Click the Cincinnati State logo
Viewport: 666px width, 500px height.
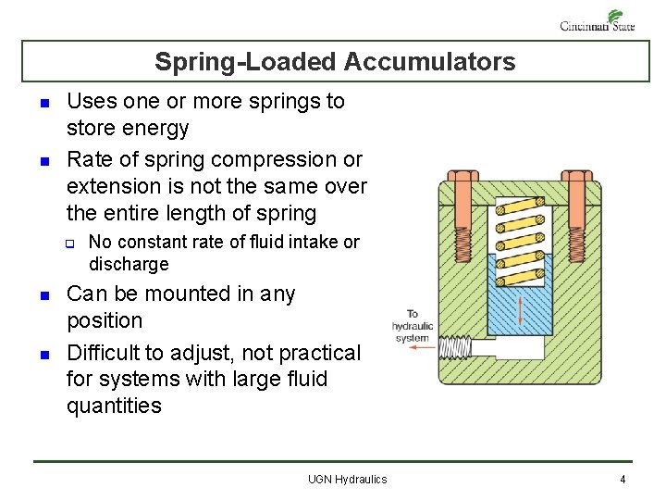tap(598, 20)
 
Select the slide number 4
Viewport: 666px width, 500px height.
tap(623, 479)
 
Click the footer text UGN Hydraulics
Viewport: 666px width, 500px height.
tap(347, 479)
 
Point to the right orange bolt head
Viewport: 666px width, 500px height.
tap(576, 176)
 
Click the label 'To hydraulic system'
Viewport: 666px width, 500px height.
tap(413, 325)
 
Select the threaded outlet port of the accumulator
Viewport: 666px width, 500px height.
tap(454, 349)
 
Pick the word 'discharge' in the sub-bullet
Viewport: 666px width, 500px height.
tap(129, 265)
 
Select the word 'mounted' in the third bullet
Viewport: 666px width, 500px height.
tap(184, 294)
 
